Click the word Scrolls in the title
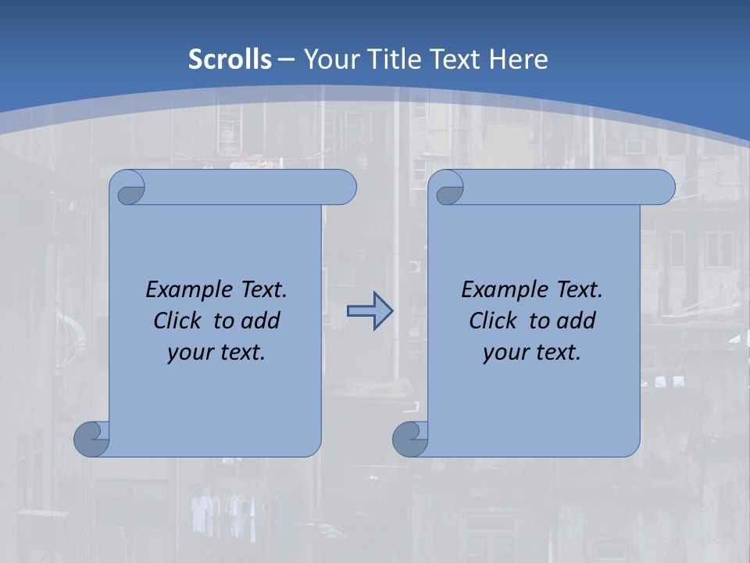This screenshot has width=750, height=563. coord(230,59)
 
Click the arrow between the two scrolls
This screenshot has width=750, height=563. coord(370,311)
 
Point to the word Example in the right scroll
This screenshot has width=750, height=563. coord(505,289)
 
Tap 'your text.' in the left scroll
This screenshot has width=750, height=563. coord(216,352)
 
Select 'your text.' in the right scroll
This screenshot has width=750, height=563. coord(532,352)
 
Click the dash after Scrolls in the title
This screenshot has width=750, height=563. coord(286,59)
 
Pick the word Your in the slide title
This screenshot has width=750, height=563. coord(329,59)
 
